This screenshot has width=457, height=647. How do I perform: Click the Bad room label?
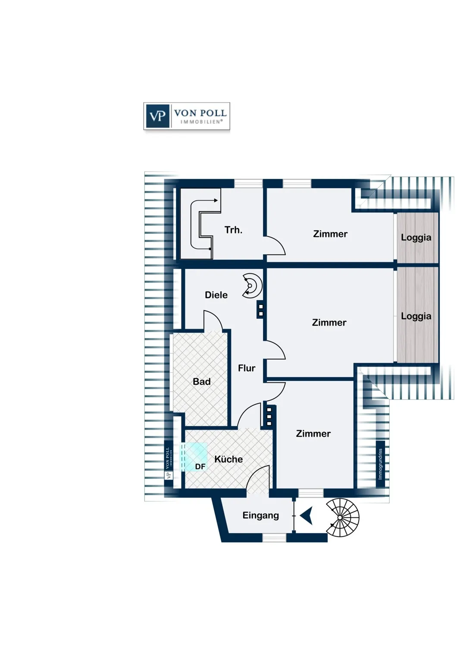[x=201, y=382]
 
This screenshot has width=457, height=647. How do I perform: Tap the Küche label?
[x=228, y=459]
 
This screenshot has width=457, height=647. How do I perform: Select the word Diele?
[x=216, y=295]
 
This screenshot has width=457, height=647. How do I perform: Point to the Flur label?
[x=247, y=368]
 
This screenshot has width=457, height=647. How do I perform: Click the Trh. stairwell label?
[x=233, y=230]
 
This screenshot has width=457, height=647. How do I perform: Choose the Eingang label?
[x=260, y=515]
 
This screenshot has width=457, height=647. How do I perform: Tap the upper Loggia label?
[x=416, y=237]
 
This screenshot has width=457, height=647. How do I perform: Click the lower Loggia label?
[x=416, y=316]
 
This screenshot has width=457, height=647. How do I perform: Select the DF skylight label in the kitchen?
[x=200, y=466]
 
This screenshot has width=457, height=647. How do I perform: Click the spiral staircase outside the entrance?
[x=343, y=517]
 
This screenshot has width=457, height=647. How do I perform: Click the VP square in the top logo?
[x=157, y=116]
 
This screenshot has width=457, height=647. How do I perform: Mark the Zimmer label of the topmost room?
[x=330, y=234]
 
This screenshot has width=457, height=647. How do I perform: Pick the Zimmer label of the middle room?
[x=329, y=322]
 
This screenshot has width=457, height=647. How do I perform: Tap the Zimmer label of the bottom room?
[x=313, y=433]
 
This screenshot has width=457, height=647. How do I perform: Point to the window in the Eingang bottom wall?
[x=274, y=537]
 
